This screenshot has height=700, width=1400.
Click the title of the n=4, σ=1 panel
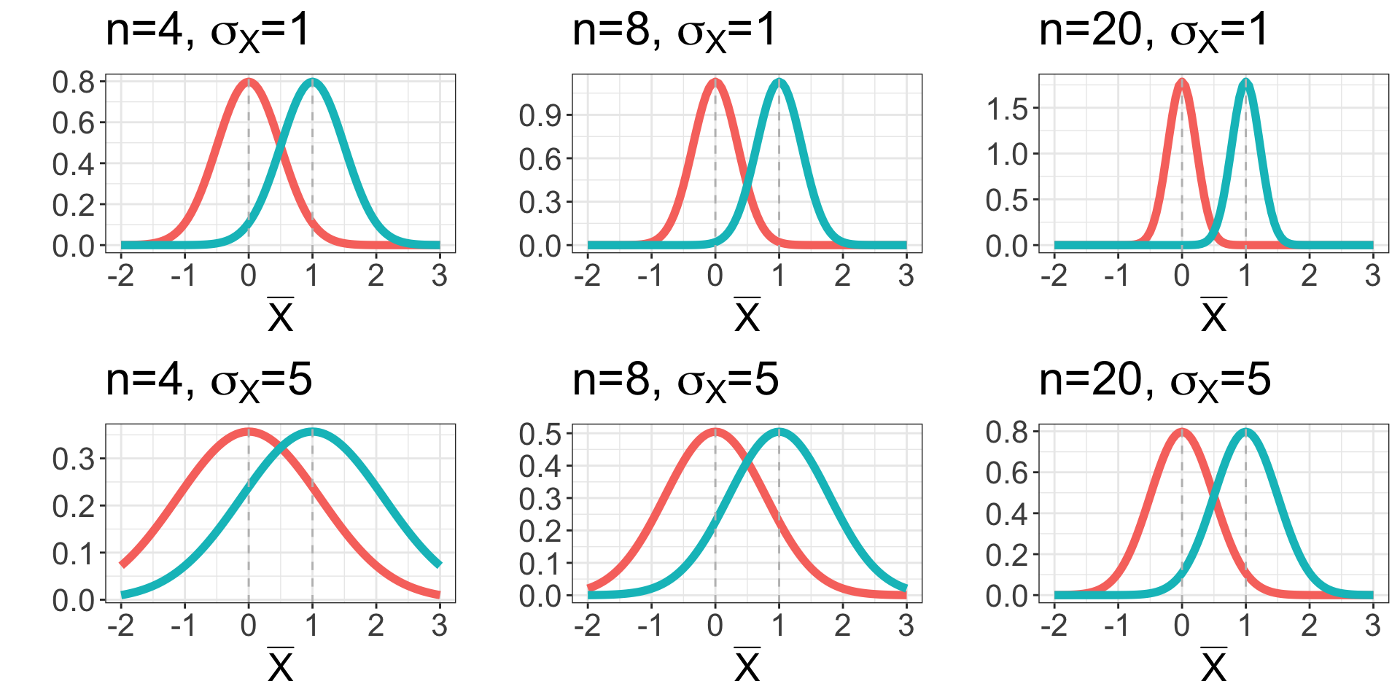coord(208,32)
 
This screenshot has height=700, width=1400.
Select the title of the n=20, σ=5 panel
coord(1154,381)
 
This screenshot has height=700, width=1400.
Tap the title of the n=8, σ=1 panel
coord(674,32)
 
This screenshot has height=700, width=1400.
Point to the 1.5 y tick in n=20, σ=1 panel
coord(1007,109)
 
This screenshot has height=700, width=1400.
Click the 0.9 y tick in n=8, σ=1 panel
coord(540,116)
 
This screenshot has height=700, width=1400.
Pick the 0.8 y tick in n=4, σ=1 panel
coord(74,82)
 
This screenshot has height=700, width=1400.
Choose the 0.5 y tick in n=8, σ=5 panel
coord(540,435)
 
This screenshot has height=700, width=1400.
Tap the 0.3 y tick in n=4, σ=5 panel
coord(74,459)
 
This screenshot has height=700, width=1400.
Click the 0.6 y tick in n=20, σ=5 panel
coord(1007,473)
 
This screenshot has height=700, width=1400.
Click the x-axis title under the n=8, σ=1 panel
coord(747,315)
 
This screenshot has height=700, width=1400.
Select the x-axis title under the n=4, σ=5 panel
coord(281,664)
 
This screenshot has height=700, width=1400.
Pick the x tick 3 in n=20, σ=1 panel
coord(1373,276)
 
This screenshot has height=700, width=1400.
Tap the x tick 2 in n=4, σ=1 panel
coord(376,276)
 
